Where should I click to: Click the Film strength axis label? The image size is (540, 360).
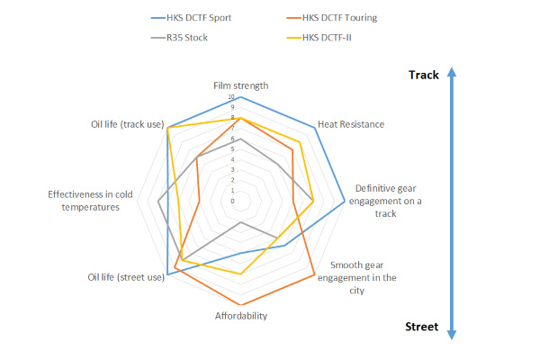[x=241, y=85]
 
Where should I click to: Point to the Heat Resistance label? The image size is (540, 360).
[x=351, y=124]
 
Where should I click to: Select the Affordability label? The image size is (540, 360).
[x=241, y=316]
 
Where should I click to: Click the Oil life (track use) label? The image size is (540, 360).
[x=127, y=125]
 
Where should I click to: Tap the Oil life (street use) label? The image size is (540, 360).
[x=126, y=277]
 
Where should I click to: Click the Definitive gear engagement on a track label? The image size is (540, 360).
[x=387, y=201]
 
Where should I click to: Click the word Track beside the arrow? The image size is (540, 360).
[x=422, y=76]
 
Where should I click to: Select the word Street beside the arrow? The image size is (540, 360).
[x=420, y=327]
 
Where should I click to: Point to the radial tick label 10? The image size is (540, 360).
[x=232, y=97]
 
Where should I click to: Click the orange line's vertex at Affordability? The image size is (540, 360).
[x=241, y=305]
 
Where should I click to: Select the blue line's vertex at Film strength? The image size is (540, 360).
[x=241, y=96]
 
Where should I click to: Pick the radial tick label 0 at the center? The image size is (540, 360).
[x=233, y=202]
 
